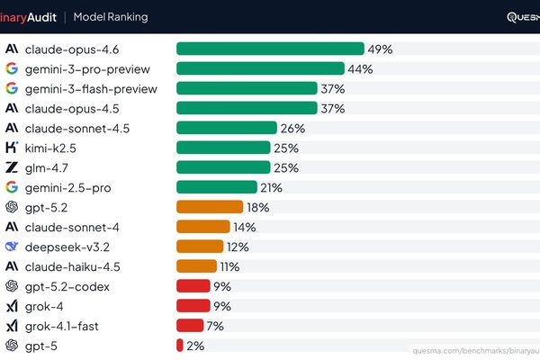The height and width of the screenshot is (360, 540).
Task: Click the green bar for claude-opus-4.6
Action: [270, 49]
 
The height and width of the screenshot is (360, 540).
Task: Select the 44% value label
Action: [361, 68]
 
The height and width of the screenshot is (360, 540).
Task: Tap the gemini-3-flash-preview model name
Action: [91, 88]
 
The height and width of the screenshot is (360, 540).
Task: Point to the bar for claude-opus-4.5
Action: [247, 108]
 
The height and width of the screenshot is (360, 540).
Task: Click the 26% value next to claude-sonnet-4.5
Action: [292, 128]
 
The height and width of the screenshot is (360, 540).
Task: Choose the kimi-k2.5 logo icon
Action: [12, 148]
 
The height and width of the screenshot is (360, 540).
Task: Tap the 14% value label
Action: [244, 227]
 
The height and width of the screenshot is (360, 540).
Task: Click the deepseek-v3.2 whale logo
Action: [12, 247]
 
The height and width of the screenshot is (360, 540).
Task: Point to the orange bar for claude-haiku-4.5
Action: [196, 266]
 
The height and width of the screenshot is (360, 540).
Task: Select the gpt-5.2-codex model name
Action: [67, 286]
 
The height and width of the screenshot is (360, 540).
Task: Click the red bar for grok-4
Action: [193, 306]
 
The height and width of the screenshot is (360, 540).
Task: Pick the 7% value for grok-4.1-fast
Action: [215, 326]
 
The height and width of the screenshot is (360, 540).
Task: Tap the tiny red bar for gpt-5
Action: [180, 346]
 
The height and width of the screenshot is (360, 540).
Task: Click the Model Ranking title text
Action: [111, 17]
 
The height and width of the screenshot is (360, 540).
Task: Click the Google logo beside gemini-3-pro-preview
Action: [12, 68]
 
